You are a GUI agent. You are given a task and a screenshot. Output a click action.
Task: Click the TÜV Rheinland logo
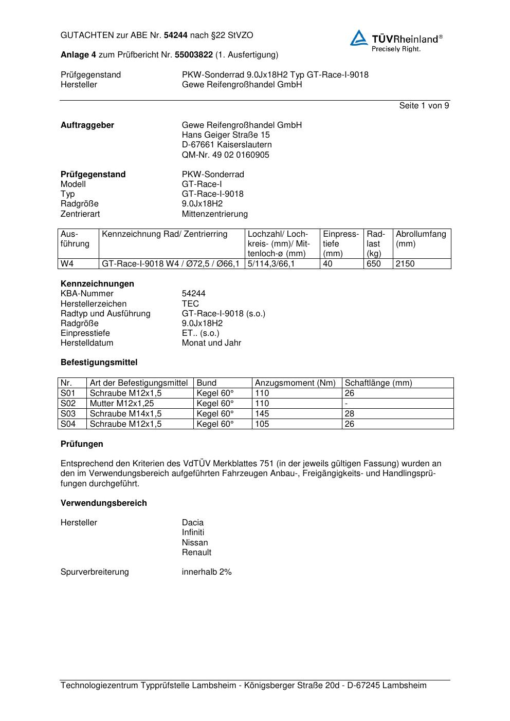pos(396,41)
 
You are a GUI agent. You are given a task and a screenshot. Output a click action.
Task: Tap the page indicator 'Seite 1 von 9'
pos(424,106)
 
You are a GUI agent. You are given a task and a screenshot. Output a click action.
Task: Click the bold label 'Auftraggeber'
pos(87,125)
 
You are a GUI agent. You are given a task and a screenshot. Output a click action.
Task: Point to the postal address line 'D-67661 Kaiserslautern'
pos(227,145)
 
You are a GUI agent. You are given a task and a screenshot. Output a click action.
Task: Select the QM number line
pos(225,155)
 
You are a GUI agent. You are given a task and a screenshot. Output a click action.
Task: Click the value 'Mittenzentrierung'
pos(214,214)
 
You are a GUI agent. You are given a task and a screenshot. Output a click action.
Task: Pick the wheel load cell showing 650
pos(374,264)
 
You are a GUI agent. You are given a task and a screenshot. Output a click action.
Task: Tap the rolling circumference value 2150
pos(405,264)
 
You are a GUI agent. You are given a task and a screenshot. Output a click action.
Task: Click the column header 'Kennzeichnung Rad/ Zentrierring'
pos(165,234)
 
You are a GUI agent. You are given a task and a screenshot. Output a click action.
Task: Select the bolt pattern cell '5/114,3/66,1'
pos(271,264)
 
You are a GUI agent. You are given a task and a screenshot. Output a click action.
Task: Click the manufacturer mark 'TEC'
pos(190,304)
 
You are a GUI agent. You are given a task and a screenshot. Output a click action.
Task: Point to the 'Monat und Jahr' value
pos(211,343)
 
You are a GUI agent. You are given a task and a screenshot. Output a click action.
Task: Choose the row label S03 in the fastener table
pos(68,414)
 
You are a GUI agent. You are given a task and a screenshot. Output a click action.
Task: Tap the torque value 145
pos(262,414)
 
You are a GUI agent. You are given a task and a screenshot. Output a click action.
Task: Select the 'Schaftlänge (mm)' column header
pos(378,383)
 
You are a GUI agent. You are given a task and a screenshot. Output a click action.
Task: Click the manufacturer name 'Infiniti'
pos(193,533)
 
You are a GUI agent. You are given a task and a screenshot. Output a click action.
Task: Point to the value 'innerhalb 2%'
pos(207,572)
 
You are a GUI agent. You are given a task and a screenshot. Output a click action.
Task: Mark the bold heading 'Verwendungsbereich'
pos(104,503)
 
